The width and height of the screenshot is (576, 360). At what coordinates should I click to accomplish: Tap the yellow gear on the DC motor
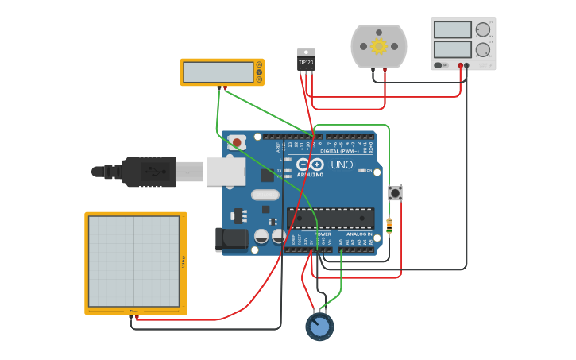(379, 46)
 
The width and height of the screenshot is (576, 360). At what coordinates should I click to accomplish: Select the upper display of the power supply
(453, 29)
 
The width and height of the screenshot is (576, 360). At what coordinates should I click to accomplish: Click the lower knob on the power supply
(482, 49)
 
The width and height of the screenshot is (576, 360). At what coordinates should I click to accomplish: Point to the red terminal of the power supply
(460, 65)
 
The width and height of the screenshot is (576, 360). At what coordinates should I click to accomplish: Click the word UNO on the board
(342, 165)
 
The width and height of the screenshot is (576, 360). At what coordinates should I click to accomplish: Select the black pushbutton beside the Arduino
(395, 192)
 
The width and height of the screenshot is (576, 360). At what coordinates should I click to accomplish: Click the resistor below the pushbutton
(389, 226)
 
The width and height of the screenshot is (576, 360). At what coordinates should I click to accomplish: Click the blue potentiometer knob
(319, 327)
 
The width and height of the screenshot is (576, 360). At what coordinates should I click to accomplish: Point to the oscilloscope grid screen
(133, 261)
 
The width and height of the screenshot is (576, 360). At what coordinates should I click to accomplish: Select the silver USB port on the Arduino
(225, 171)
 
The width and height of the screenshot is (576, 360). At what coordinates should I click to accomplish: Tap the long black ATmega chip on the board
(331, 219)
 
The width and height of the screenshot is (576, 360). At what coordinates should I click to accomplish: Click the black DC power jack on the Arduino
(231, 238)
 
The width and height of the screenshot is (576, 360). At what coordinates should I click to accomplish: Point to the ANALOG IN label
(358, 234)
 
